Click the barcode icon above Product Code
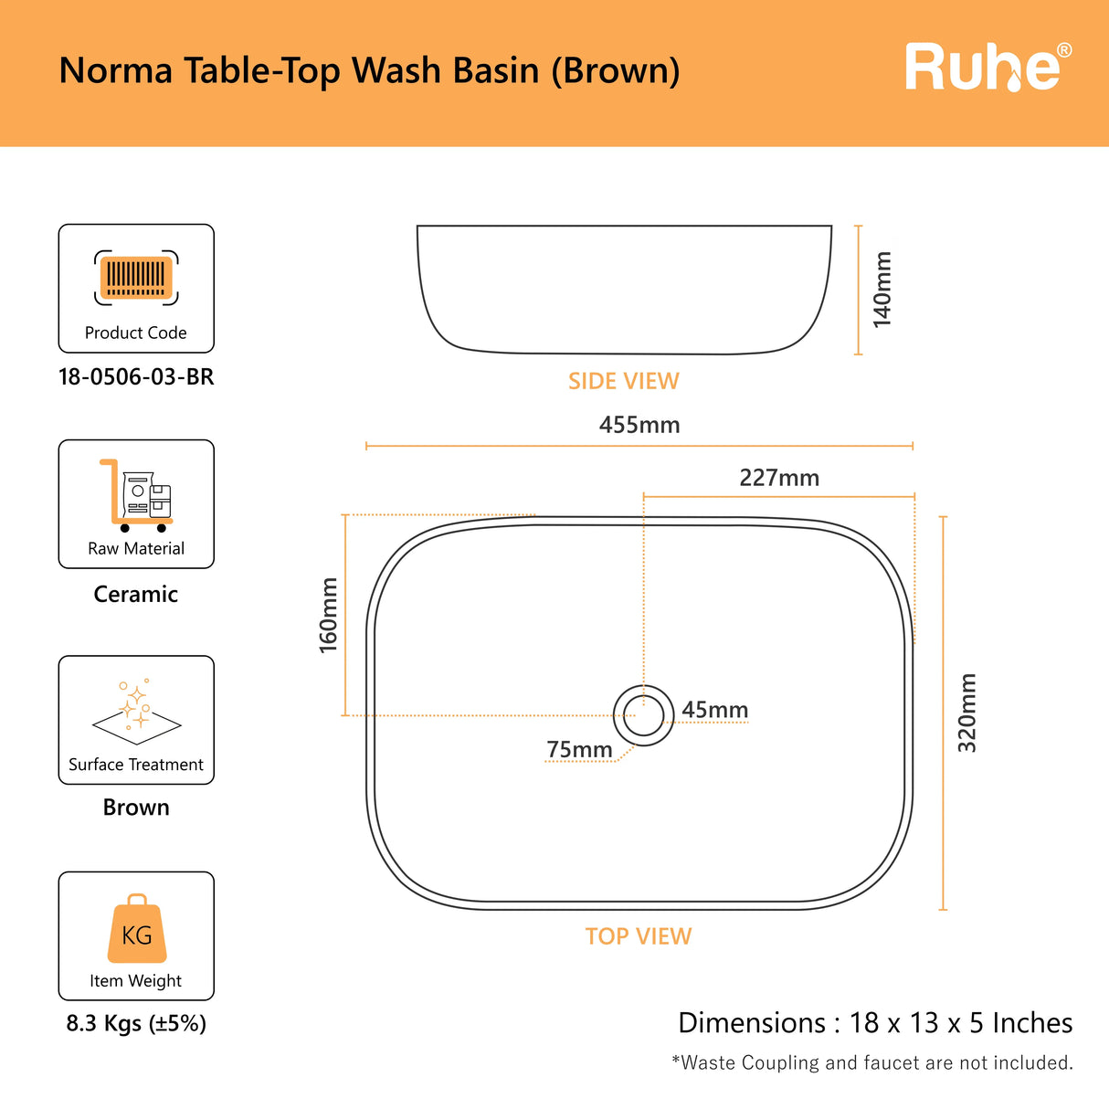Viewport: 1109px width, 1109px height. point(136,278)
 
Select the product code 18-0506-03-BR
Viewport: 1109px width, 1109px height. point(136,377)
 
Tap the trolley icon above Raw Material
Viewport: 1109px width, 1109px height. point(136,495)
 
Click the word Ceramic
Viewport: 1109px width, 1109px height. point(136,594)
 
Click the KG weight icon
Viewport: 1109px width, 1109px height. point(137,930)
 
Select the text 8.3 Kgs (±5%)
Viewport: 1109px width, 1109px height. point(136,1023)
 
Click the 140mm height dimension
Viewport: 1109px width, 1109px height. point(882,290)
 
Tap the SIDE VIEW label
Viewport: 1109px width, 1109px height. point(623,381)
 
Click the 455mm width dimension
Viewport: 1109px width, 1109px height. point(639,425)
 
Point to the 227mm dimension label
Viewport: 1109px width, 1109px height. point(779,478)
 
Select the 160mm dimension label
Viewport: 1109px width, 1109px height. point(328,615)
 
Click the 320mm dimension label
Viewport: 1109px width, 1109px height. point(966,713)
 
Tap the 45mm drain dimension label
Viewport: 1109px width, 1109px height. point(714,710)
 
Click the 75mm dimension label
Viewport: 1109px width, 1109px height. point(579,750)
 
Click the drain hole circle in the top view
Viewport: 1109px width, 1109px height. point(644,715)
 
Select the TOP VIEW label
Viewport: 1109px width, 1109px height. point(639,936)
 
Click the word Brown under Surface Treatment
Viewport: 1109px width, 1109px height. point(136,808)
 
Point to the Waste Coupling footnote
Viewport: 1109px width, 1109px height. point(872,1062)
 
